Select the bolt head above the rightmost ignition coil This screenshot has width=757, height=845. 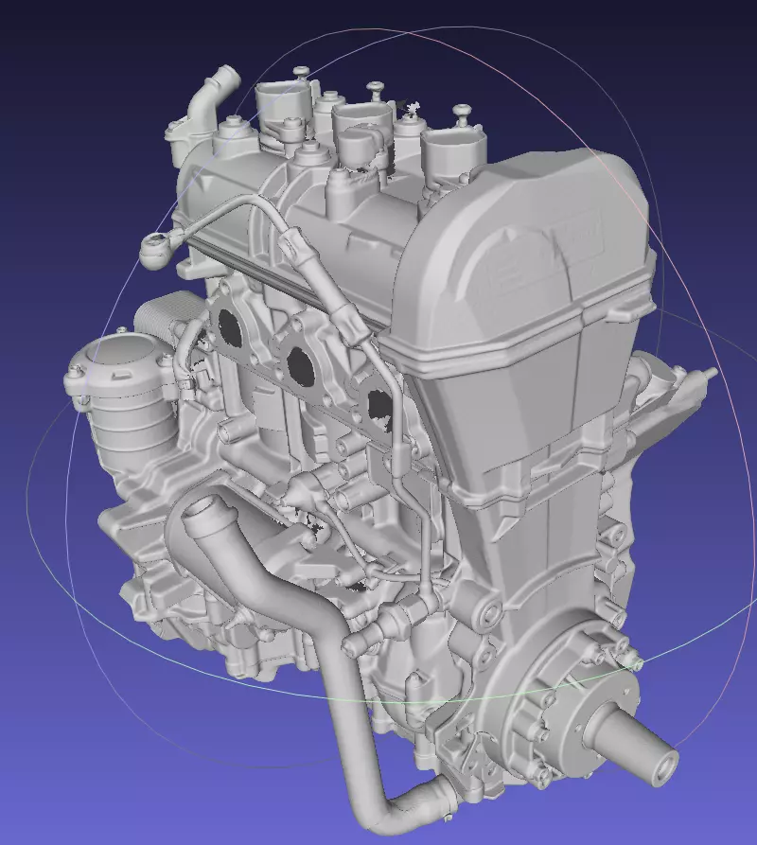pos(462,112)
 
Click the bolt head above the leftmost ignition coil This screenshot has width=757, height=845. pos(301,71)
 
